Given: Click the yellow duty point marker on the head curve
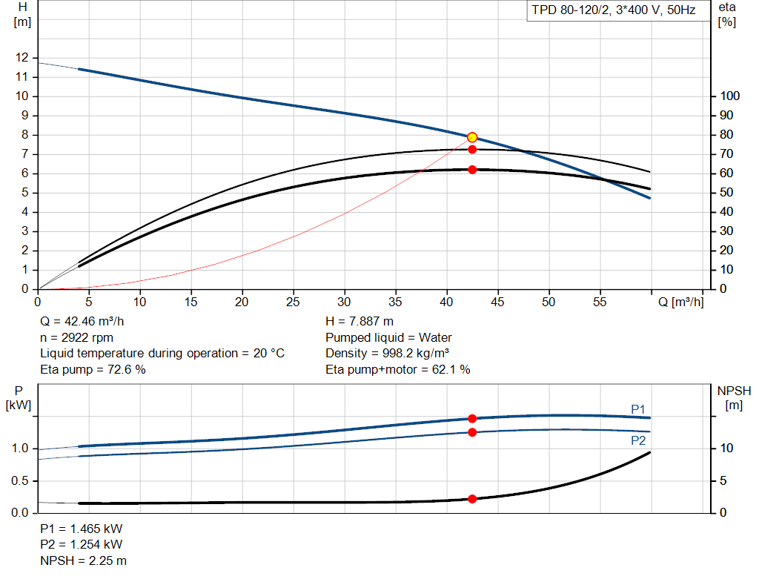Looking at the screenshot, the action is click(472, 137).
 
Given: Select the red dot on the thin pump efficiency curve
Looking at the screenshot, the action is click(472, 150).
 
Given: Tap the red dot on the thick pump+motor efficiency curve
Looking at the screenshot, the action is click(472, 170).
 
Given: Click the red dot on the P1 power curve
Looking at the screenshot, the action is click(472, 419).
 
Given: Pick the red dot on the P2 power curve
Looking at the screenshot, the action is click(472, 432).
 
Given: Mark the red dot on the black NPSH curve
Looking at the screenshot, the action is click(472, 499).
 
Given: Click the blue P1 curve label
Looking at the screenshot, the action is click(638, 409).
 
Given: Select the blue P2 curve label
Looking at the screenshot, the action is click(638, 440).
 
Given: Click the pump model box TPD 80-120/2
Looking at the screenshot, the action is click(613, 10).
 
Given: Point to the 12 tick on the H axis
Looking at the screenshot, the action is click(21, 58).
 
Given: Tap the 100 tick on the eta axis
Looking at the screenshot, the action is click(729, 96).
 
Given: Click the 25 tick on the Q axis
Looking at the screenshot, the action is click(293, 302).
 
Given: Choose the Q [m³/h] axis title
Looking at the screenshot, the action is click(680, 302).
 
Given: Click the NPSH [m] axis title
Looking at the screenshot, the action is click(734, 398).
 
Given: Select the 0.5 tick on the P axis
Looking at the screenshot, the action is click(20, 480).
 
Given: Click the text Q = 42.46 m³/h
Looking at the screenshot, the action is click(82, 322).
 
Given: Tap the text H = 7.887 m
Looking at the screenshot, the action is click(359, 322).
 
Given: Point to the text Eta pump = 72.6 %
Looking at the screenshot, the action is click(93, 369).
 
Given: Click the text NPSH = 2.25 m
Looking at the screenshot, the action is click(83, 560).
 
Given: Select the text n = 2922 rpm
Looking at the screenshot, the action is click(76, 337).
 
